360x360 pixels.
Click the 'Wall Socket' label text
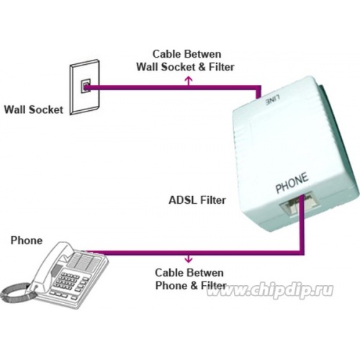[34, 109]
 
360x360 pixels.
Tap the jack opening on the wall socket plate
[86, 86]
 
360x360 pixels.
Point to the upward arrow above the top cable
[189, 81]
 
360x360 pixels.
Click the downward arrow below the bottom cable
[189, 258]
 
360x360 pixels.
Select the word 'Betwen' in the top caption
[204, 54]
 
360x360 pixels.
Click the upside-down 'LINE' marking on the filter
[272, 100]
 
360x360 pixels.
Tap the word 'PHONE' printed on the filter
[292, 183]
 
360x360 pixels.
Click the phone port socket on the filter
[296, 205]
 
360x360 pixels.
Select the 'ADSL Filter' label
[197, 200]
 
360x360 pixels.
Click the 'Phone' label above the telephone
[27, 240]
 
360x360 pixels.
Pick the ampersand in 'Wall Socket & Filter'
[202, 67]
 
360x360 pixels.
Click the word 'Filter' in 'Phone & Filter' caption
[214, 286]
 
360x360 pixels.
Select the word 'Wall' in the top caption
[148, 67]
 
